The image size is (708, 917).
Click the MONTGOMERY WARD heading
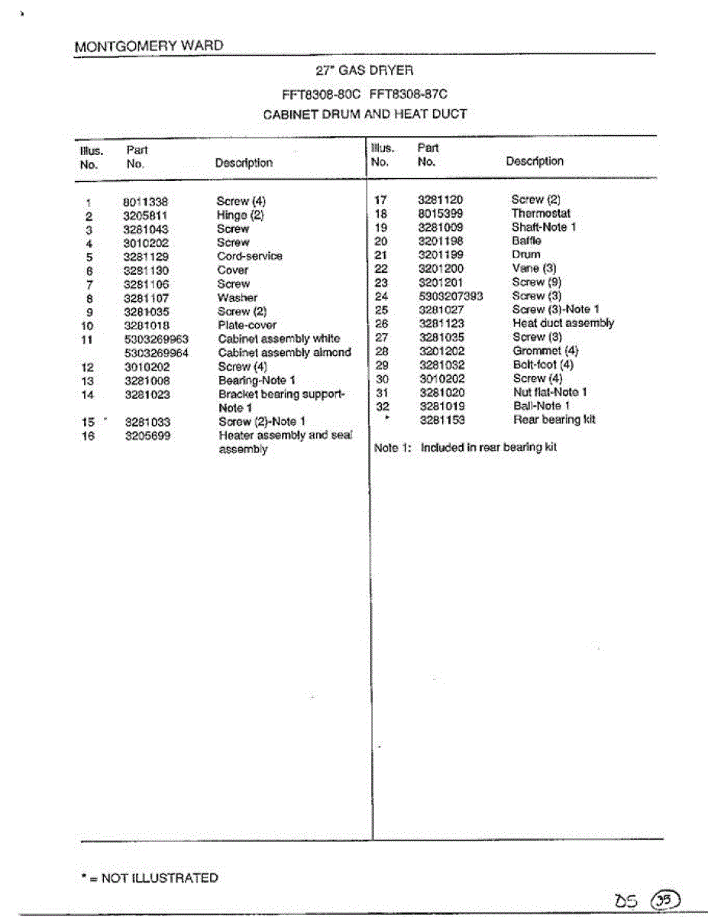pos(149,46)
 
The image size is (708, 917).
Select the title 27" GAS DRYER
pos(364,70)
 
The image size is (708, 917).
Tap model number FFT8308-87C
pos(408,94)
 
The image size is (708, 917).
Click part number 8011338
pos(145,203)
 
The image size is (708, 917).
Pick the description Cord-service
pos(249,256)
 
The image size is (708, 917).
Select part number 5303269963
pos(156,339)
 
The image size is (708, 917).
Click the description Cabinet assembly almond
pos(284,352)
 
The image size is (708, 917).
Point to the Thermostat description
pos(541,213)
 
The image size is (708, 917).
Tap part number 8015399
pos(441,213)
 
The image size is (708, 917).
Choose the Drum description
pos(525,254)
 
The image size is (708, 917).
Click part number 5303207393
pos(451,296)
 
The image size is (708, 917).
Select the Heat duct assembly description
pos(563,323)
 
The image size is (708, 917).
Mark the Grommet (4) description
pos(545,351)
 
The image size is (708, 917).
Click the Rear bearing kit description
pos(554,420)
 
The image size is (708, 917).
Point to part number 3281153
pos(442,420)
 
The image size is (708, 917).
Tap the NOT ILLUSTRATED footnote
pos(150,878)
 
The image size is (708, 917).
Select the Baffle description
pos(526,241)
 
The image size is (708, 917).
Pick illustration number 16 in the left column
pos(89,436)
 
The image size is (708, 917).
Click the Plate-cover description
pos(247,325)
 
